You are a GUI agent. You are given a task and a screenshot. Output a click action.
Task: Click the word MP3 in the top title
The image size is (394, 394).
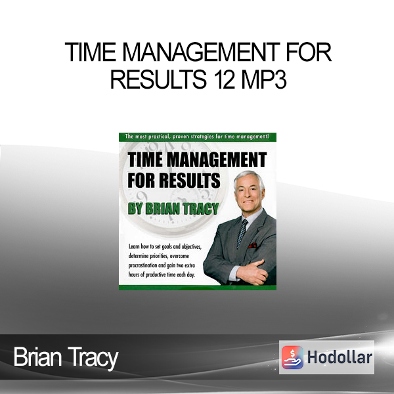pyautogui.click(x=264, y=79)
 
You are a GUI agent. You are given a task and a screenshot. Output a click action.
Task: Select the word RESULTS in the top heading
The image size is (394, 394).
pyautogui.click(x=158, y=79)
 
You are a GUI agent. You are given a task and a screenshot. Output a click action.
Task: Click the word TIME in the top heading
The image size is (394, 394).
pyautogui.click(x=91, y=52)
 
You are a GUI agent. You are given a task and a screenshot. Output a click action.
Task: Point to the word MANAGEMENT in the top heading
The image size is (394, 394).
pyautogui.click(x=201, y=52)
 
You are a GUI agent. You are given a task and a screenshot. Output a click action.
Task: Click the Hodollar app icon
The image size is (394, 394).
pyautogui.click(x=292, y=357)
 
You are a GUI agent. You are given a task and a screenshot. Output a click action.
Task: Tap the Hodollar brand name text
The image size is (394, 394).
pyautogui.click(x=339, y=357)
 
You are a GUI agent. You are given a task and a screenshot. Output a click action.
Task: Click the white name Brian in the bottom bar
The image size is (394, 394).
pyautogui.click(x=37, y=357)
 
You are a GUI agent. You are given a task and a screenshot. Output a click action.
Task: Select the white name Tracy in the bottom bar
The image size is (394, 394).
pyautogui.click(x=93, y=358)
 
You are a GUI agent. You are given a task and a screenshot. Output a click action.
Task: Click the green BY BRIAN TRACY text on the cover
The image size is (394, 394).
pyautogui.click(x=173, y=209)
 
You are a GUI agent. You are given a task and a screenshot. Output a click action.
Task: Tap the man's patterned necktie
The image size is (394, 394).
pyautogui.click(x=242, y=233)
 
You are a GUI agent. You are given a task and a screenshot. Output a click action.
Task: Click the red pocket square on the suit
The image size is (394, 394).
pyautogui.click(x=252, y=245)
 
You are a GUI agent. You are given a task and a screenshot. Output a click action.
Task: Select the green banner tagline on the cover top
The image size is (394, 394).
pyautogui.click(x=197, y=137)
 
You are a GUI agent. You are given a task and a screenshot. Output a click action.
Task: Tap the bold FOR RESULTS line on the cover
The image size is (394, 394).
pyautogui.click(x=174, y=180)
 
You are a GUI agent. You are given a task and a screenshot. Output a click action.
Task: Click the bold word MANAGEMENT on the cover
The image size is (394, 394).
pyautogui.click(x=217, y=160)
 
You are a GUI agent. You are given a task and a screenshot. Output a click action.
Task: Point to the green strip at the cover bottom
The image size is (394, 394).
pyautogui.click(x=198, y=288)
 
